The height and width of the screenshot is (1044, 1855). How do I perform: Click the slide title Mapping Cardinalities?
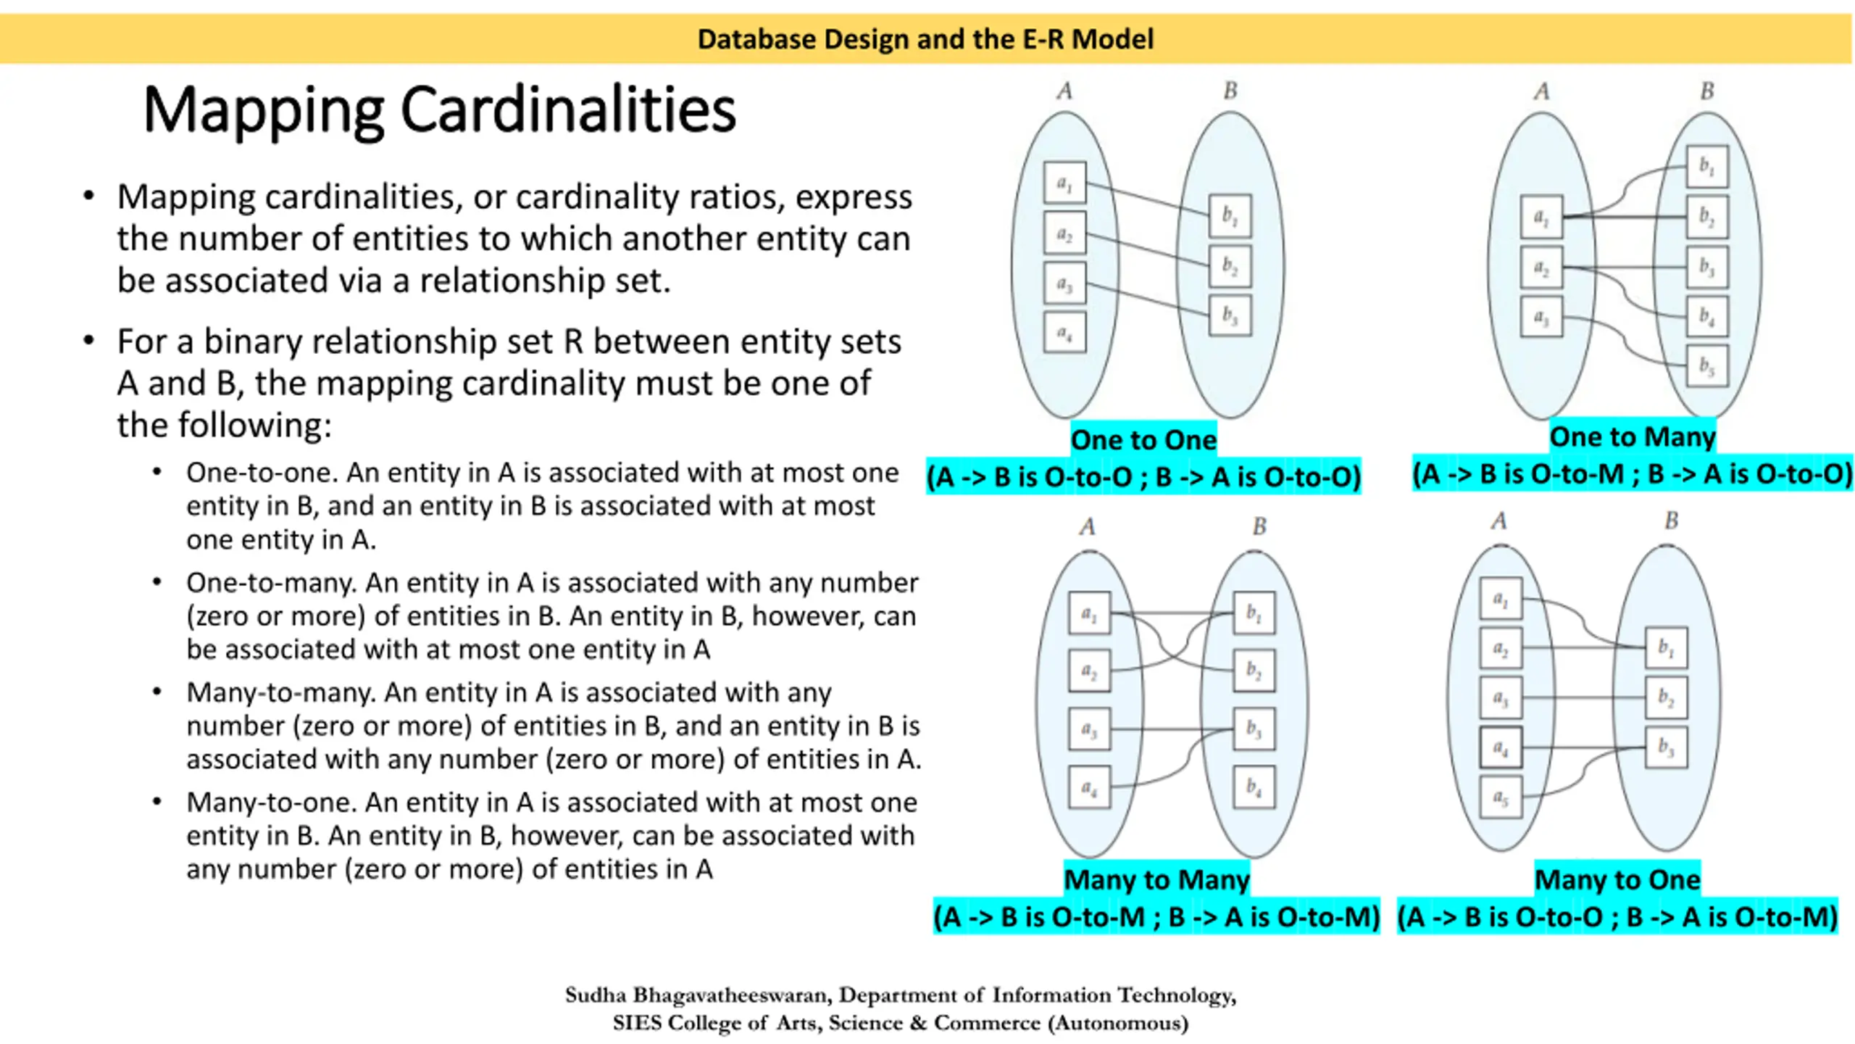coord(439,110)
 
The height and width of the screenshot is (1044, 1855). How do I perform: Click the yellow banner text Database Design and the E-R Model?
coord(925,39)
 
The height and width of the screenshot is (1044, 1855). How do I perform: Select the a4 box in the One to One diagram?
coord(1064,333)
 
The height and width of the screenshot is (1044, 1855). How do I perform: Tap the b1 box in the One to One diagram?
coord(1230,215)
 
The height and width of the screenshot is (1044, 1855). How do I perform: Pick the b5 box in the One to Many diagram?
coord(1706,366)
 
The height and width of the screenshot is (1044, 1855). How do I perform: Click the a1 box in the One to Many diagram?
coord(1541,217)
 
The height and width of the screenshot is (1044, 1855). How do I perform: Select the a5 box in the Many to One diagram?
coord(1500,797)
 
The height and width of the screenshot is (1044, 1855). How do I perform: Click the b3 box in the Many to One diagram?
coord(1666,747)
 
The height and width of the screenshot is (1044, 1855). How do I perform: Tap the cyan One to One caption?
coord(1143,440)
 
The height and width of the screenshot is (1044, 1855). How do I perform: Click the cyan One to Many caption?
coord(1632,437)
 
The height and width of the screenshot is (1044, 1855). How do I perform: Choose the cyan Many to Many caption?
coord(1156,879)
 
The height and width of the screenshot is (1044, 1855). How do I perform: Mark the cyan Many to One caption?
coord(1617,879)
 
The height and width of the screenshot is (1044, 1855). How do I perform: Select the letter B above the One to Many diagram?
coord(1707,91)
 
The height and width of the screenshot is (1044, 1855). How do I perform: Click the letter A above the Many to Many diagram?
coord(1087,527)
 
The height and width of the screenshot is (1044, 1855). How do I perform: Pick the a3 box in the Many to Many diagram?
coord(1089,729)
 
